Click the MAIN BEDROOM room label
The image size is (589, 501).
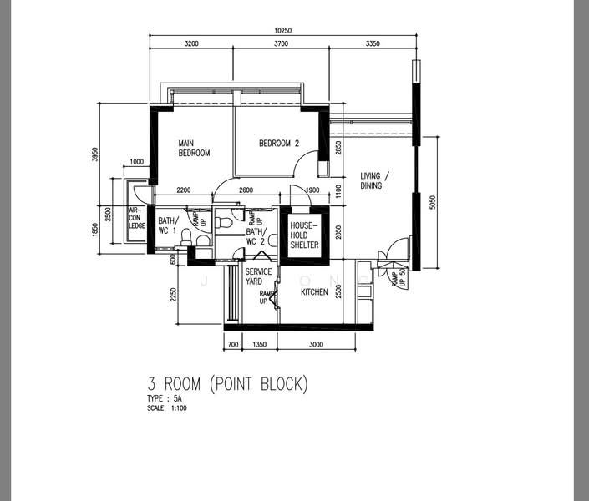(193, 148)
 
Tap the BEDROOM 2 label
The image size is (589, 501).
(278, 144)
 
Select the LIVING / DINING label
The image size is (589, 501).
(373, 180)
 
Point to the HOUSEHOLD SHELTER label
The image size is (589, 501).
(303, 235)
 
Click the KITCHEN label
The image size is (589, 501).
(314, 291)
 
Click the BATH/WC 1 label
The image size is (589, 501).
(167, 225)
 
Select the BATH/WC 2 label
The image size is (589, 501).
(256, 236)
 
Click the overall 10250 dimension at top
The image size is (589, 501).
(284, 32)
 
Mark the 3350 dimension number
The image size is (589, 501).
(373, 43)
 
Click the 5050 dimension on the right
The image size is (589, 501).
(432, 203)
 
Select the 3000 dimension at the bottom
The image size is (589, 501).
(316, 343)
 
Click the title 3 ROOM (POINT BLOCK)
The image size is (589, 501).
(227, 384)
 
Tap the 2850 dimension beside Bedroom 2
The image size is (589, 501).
(338, 148)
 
